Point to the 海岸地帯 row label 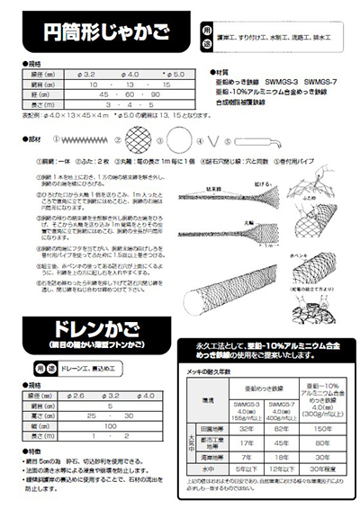(x=208, y=456)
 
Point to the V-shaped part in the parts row (x=213, y=139)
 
